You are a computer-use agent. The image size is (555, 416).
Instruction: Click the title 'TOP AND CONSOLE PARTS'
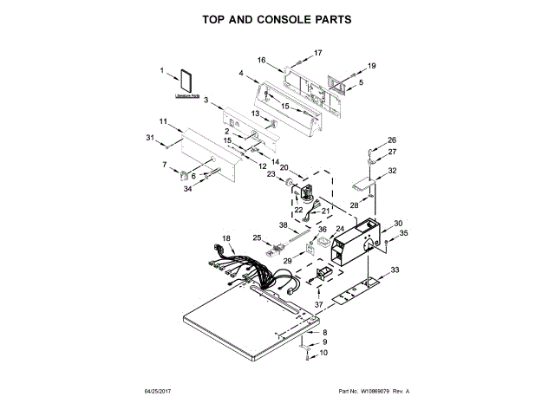[x=277, y=19]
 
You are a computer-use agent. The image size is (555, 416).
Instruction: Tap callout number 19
[x=372, y=66]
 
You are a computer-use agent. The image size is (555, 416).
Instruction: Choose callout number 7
[x=164, y=164]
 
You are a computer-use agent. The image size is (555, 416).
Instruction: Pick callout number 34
[x=186, y=190]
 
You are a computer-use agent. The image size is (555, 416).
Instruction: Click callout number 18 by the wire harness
[x=226, y=238]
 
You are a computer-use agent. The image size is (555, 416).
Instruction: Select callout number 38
[x=282, y=224]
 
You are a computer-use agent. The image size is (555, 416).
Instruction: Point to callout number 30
[x=398, y=224]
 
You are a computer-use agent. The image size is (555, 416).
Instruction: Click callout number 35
[x=403, y=233]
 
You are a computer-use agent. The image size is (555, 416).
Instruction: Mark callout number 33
[x=395, y=271]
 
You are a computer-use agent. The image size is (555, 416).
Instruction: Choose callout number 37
[x=318, y=304]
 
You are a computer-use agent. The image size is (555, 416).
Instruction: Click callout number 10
[x=324, y=354]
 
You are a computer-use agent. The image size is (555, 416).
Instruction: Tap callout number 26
[x=392, y=140]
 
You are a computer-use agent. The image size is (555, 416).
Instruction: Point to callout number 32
[x=393, y=171]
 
